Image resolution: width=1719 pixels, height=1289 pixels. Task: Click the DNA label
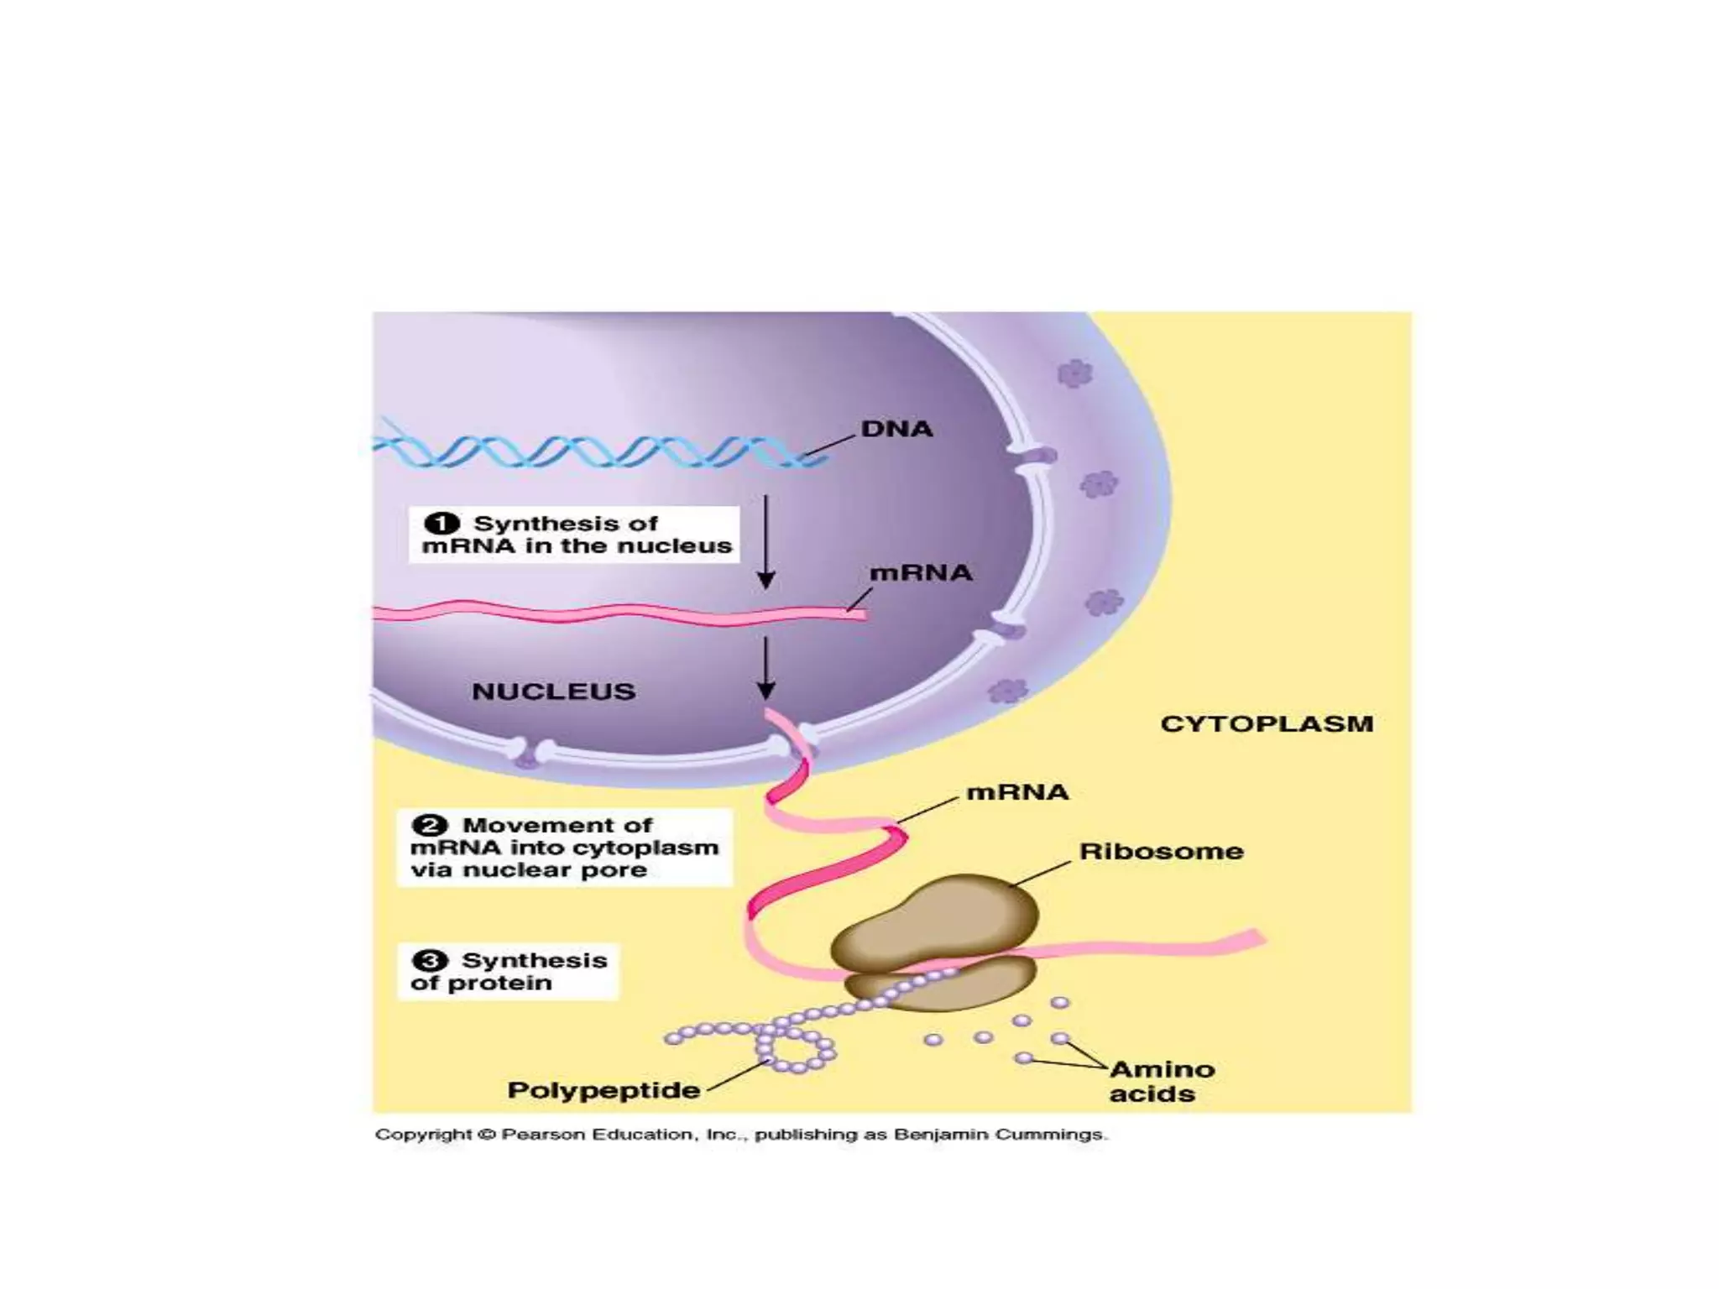point(896,429)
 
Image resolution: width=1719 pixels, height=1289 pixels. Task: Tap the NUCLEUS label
point(553,691)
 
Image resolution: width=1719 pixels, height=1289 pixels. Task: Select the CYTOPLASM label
point(1266,724)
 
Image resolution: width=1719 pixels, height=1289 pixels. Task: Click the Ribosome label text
point(1161,851)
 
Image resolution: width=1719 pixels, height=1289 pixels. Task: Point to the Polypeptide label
point(603,1090)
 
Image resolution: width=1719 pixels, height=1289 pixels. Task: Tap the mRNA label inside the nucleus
point(920,573)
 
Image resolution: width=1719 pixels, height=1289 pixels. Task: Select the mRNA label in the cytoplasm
point(1017,792)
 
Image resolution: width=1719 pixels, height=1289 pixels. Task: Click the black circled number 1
point(442,524)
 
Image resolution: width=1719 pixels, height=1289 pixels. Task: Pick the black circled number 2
point(430,825)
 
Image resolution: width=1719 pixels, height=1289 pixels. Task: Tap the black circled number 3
point(430,960)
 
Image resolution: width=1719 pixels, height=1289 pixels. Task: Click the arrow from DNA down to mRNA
point(765,541)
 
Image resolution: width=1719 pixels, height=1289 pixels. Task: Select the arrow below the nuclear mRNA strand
point(765,667)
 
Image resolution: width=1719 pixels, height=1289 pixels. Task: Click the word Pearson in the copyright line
point(542,1135)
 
